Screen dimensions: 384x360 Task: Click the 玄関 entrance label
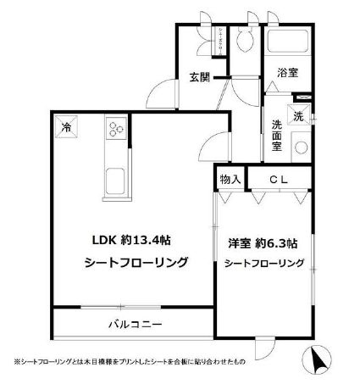(198, 78)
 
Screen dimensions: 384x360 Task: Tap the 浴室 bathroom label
(287, 74)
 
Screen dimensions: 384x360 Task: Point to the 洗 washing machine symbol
(299, 115)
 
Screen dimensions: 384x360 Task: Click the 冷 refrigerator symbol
(66, 128)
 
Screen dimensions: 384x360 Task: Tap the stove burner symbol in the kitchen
(114, 128)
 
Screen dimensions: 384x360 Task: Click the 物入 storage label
(230, 179)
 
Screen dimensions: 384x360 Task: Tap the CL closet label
(280, 179)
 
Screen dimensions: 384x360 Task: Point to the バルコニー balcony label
(134, 325)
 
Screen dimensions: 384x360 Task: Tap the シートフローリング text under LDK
(136, 262)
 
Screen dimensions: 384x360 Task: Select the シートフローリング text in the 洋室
(263, 264)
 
